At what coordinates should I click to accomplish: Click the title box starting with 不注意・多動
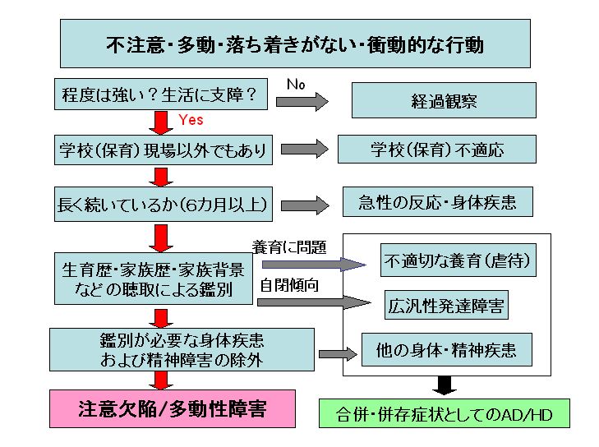(294, 44)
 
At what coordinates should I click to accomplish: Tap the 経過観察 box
(444, 101)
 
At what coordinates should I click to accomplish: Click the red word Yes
(191, 120)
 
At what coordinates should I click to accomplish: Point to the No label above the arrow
(296, 84)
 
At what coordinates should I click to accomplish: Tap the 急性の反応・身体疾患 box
(437, 203)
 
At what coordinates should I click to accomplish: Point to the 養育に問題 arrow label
(288, 246)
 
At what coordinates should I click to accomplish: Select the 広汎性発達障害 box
(446, 306)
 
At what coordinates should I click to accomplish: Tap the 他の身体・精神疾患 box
(446, 350)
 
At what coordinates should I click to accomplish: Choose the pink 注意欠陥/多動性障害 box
(172, 408)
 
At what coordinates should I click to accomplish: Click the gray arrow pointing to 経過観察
(302, 101)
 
